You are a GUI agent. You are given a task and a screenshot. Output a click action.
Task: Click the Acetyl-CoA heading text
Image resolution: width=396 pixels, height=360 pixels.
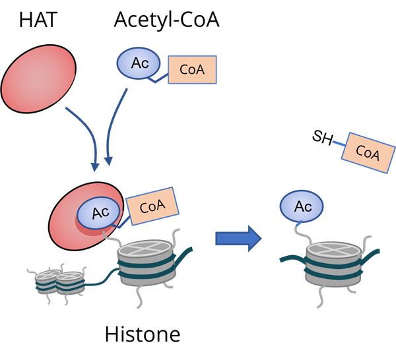point(166,20)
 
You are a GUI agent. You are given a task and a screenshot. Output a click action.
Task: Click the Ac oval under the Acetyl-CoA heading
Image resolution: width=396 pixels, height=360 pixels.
point(139,64)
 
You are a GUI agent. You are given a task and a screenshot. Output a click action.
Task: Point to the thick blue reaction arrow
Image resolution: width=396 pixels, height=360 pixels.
point(236,238)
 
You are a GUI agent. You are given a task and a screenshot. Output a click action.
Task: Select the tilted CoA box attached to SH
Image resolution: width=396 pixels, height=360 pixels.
point(367,152)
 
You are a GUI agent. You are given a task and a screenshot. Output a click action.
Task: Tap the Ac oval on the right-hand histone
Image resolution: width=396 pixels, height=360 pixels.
point(302,206)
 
